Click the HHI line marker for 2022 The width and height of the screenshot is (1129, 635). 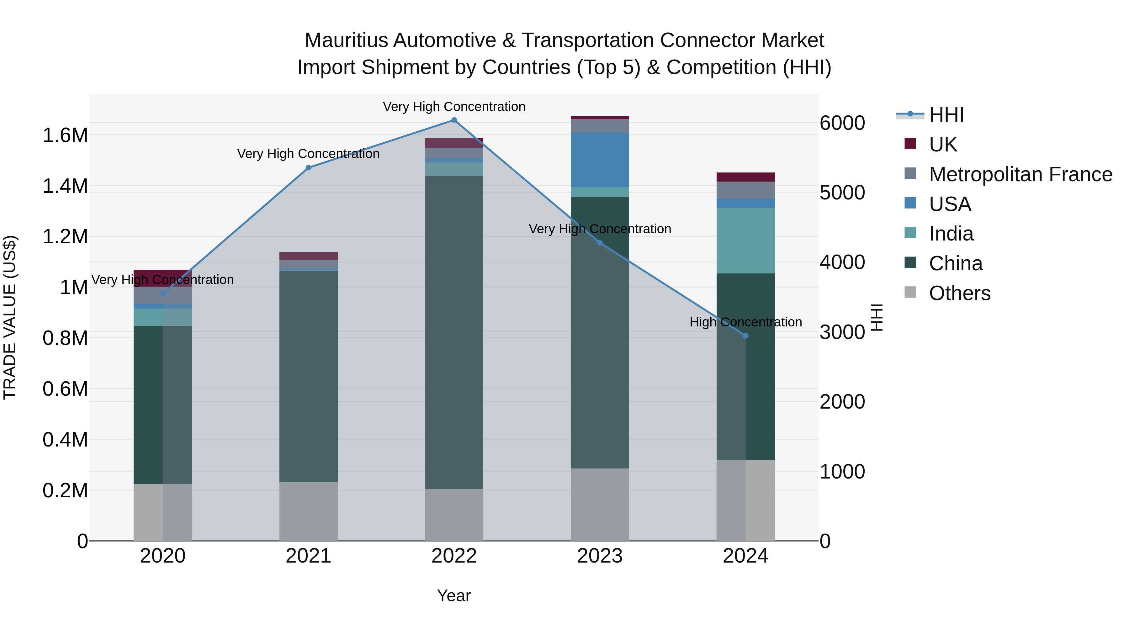(454, 120)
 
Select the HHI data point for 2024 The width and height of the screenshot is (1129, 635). (745, 336)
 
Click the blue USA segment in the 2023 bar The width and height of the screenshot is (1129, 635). (600, 160)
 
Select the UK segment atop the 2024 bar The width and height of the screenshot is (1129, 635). (745, 177)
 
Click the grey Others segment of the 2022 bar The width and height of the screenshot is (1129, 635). (454, 515)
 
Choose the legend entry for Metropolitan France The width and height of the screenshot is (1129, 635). (1020, 174)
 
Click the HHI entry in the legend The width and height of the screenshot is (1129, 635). (946, 115)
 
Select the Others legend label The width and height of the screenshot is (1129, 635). (960, 293)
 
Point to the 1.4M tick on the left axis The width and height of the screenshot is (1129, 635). (65, 186)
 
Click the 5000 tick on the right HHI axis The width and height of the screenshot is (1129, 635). (842, 193)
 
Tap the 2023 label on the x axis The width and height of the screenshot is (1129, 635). (600, 556)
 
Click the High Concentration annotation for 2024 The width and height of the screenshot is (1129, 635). (745, 322)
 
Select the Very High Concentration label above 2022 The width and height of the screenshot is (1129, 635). (454, 107)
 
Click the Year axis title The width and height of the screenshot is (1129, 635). (453, 595)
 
